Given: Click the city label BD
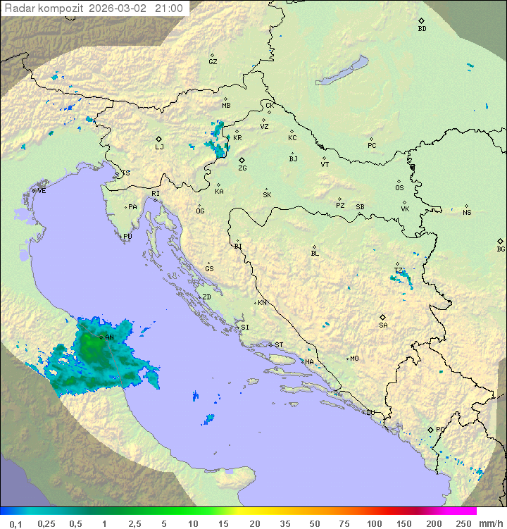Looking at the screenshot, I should (x=422, y=29).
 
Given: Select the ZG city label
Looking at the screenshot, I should (x=242, y=168).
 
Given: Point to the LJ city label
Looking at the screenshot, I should (x=159, y=147).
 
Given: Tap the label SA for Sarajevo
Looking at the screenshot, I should (x=383, y=325).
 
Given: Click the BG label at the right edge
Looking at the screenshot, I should (x=501, y=249).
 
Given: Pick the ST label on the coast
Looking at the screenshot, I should (x=279, y=345).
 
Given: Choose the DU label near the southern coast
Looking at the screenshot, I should (x=370, y=413).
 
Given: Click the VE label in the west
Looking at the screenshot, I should (x=42, y=191).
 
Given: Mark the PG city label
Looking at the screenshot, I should (x=440, y=429).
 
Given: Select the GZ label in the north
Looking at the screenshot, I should (x=213, y=61).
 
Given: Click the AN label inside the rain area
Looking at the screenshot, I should (x=109, y=337).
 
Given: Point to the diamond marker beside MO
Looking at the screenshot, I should (x=347, y=359).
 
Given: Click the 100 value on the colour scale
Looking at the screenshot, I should (x=374, y=523).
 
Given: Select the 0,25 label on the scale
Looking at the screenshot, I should (x=46, y=523).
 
